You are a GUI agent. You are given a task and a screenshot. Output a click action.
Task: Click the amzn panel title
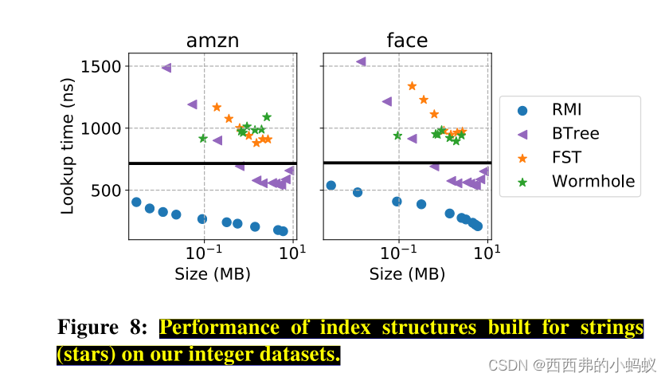[x=212, y=41]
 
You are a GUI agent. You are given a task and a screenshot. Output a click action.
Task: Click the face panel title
[x=407, y=41]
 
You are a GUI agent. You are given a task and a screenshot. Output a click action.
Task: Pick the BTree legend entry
[x=575, y=134]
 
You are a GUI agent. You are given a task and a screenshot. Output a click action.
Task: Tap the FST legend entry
[x=566, y=158]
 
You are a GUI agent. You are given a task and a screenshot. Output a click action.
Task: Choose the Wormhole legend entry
[x=593, y=182]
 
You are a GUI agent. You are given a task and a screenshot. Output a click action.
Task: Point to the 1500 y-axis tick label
[x=100, y=66]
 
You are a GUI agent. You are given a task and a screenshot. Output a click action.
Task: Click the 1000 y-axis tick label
[x=100, y=128]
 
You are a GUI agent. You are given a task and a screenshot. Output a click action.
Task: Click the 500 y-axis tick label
[x=105, y=190]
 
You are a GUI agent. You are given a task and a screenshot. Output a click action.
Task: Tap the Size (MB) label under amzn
[x=213, y=274]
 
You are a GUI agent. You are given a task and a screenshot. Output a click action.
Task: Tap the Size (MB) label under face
[x=407, y=274]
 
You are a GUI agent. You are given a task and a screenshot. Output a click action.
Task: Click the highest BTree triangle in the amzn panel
[x=166, y=68]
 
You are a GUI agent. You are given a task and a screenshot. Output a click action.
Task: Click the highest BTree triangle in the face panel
[x=361, y=61]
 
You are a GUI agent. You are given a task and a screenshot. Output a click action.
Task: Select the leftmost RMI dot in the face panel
[x=331, y=186]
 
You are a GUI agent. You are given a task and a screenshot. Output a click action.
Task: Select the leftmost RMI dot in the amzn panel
[x=136, y=202]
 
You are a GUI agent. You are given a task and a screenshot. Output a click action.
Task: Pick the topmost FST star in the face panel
[x=412, y=86]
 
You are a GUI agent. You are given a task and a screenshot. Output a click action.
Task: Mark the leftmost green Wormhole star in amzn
[x=203, y=139]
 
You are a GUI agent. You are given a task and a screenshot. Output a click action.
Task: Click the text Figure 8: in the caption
[x=102, y=328]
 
